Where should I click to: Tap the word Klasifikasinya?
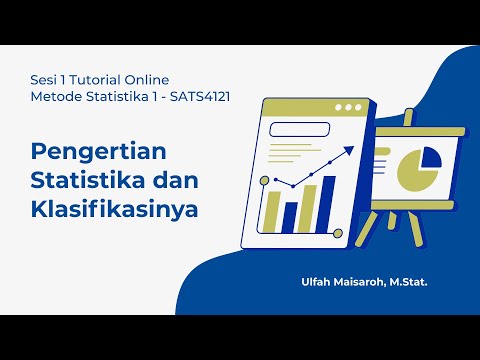(114, 212)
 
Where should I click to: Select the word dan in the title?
(174, 183)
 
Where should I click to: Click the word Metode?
(53, 96)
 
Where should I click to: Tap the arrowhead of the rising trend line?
(351, 149)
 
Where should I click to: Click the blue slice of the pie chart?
(431, 156)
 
